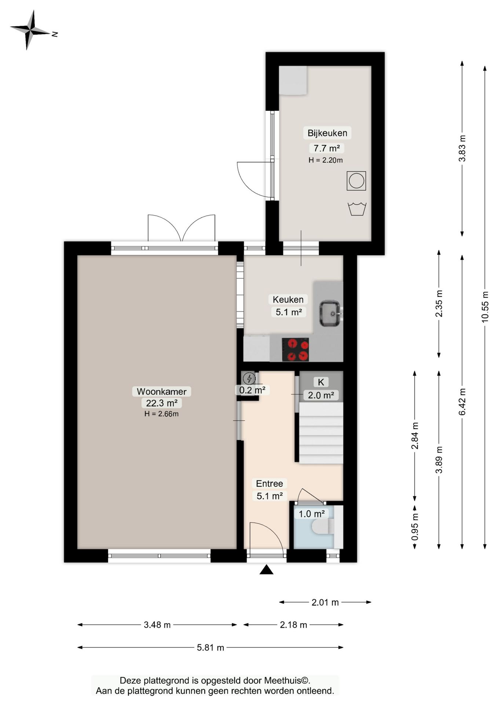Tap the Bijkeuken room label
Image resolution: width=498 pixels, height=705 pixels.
click(327, 133)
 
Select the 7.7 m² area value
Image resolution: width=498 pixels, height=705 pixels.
click(326, 148)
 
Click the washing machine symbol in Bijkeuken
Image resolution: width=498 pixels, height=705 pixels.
click(356, 181)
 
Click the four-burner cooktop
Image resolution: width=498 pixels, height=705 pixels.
click(295, 350)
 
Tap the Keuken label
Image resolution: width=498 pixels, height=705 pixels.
click(288, 299)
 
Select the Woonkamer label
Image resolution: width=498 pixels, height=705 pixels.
click(162, 391)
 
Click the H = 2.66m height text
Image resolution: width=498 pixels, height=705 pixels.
click(161, 414)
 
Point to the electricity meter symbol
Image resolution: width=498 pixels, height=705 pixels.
click(249, 378)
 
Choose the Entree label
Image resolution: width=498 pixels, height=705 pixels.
click(270, 484)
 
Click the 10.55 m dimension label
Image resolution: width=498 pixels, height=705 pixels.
click(485, 307)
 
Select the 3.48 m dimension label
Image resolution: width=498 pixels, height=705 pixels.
click(157, 625)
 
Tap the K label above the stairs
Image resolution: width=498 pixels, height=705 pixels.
click(321, 382)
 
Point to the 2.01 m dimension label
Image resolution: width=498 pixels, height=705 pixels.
click(325, 602)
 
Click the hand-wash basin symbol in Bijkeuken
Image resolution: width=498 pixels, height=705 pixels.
click(356, 209)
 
